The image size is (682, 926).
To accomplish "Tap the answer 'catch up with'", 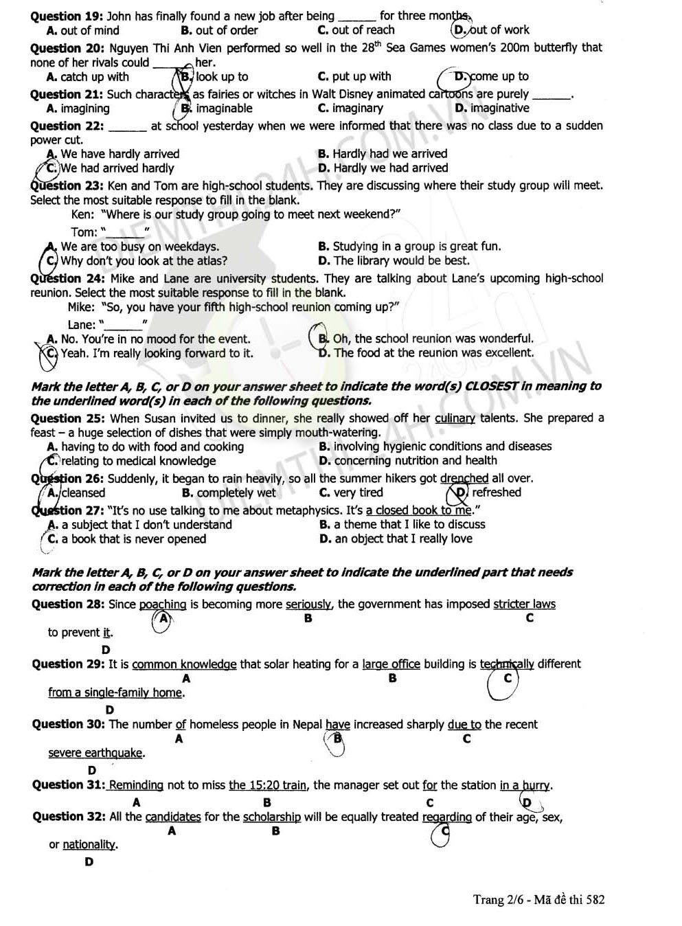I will (94, 77).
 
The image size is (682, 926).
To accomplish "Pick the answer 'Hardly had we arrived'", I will (389, 154).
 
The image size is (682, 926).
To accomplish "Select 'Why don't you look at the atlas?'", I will (144, 261).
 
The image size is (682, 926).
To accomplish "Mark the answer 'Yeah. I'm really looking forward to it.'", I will (157, 354).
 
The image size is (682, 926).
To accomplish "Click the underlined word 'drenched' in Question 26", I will (464, 479).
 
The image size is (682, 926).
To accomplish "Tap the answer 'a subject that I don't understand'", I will (146, 525).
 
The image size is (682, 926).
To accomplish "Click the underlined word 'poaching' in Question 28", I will (163, 605).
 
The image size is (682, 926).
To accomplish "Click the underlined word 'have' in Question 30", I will (338, 725).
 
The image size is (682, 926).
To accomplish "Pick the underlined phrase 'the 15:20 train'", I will (268, 785).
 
